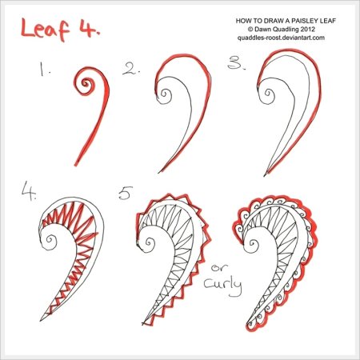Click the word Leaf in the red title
pos(45,30)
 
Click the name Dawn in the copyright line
pos(262,29)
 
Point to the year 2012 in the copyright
pos(308,29)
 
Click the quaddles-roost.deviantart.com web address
pos(281,38)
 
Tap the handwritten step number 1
pos(43,69)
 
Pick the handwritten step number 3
pos(236,63)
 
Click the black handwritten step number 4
pos(29,191)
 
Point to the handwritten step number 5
pos(126,193)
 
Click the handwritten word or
pos(219,267)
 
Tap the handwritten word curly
pos(223,286)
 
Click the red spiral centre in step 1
pos(86,83)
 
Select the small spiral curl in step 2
pos(163,94)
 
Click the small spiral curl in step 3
pos(268,94)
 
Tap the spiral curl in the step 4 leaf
pos(50,239)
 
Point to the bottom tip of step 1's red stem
pos(76,165)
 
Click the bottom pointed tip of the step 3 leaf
pos(265,175)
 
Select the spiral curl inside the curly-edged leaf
pos(253,244)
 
